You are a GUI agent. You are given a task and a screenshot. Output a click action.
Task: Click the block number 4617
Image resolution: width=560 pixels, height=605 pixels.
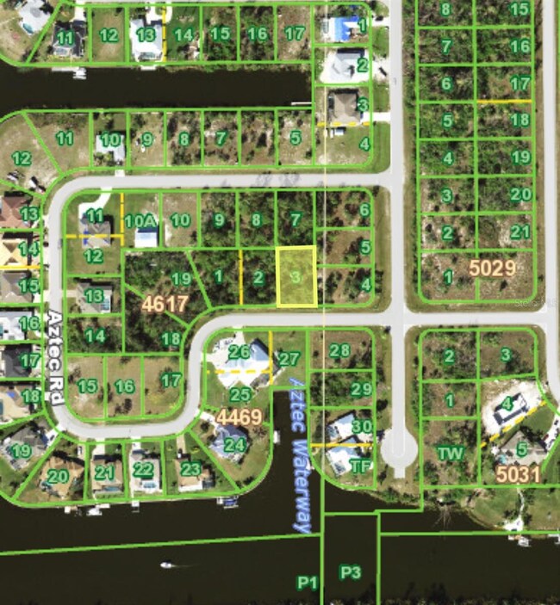click(x=165, y=303)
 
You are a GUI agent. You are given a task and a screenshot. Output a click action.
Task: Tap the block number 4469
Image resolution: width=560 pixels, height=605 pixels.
click(x=239, y=417)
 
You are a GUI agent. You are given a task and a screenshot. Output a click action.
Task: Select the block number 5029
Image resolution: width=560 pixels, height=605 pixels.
click(x=492, y=268)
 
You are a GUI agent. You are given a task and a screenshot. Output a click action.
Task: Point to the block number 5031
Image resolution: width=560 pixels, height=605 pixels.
click(x=518, y=472)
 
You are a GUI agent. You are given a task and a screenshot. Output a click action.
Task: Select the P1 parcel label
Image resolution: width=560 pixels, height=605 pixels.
click(x=308, y=583)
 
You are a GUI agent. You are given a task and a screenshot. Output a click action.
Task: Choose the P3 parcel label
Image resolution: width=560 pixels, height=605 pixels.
click(x=350, y=572)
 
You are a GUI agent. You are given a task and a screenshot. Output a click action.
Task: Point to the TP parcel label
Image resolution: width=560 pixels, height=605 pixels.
click(x=361, y=466)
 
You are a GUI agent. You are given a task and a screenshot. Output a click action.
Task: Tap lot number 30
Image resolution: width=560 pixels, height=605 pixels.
click(x=362, y=426)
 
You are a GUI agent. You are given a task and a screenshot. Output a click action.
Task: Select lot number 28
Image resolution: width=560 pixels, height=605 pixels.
click(x=340, y=350)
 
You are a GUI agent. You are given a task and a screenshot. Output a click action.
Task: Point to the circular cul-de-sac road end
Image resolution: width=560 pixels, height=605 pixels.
click(x=398, y=450)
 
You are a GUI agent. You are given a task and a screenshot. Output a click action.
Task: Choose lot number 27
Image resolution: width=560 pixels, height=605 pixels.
click(x=289, y=359)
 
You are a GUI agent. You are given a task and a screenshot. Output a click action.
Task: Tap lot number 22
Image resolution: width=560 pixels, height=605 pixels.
click(x=144, y=470)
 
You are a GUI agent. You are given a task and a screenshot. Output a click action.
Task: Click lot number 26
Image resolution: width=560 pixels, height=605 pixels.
click(x=240, y=351)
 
